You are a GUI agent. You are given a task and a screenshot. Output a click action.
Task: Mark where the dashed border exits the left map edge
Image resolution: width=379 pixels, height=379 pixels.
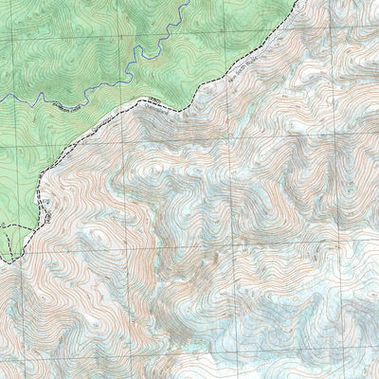[x=2, y=262]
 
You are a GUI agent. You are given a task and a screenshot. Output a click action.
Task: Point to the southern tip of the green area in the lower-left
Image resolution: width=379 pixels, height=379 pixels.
[x=8, y=262]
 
